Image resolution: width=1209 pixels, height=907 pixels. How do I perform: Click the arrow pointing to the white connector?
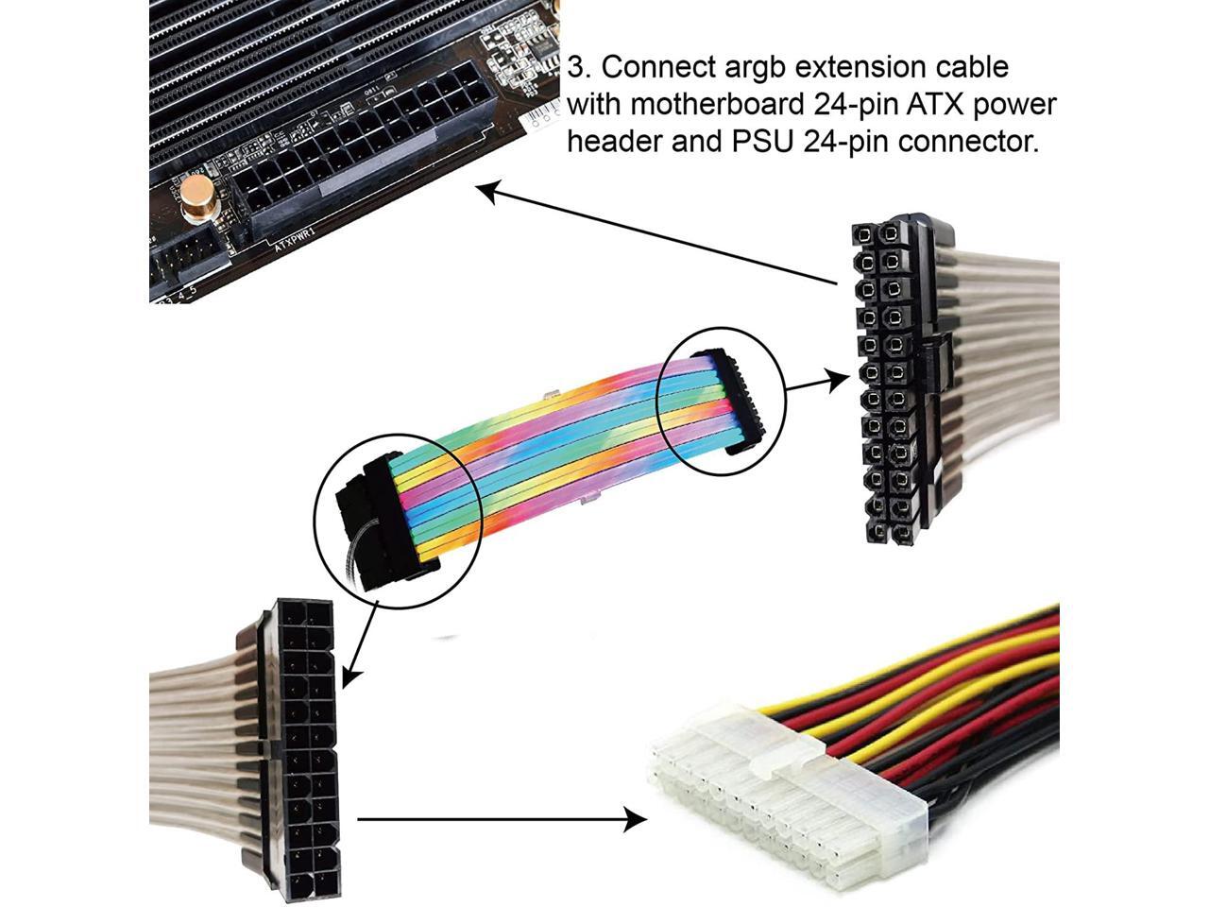tap(501, 819)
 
